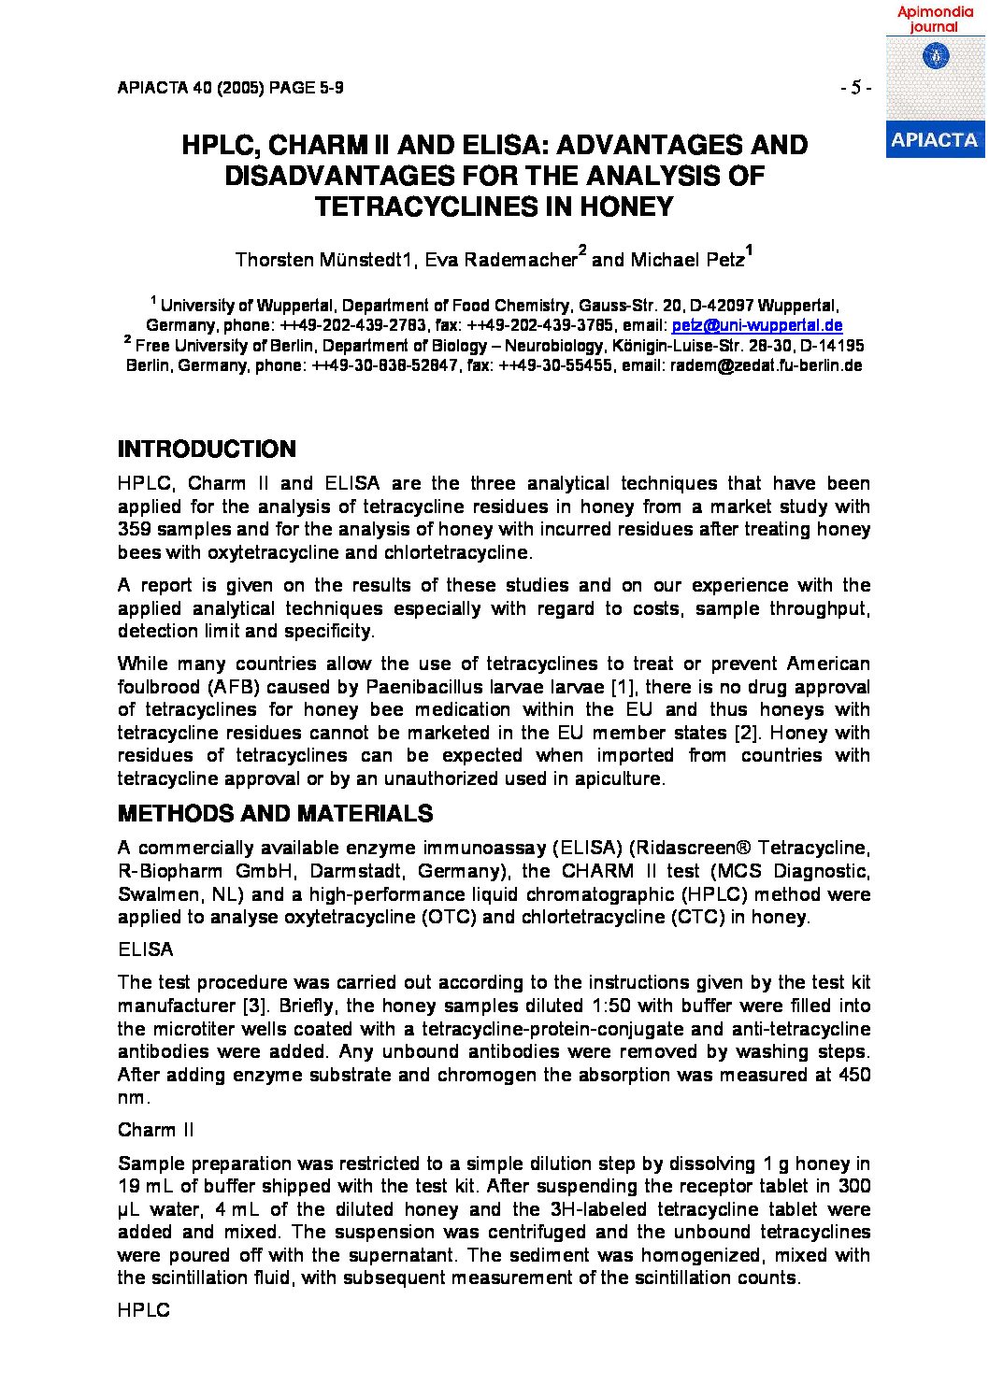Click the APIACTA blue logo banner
934,140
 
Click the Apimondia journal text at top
935,20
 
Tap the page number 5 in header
855,88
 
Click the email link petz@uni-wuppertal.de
757,325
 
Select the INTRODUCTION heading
207,450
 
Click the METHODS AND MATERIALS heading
275,814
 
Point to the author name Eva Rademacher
501,260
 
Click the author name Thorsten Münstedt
323,260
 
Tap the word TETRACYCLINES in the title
427,207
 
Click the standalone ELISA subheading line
146,949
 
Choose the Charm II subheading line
156,1130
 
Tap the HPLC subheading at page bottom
144,1310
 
